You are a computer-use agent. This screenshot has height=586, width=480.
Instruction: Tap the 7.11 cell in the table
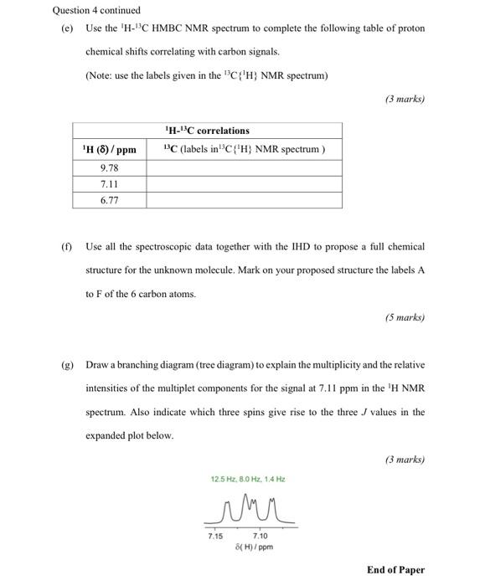(109, 183)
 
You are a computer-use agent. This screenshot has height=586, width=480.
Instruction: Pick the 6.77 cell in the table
(109, 200)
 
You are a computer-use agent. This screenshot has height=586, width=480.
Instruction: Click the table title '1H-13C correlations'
(208, 131)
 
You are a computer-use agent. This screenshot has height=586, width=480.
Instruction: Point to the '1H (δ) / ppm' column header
(109, 150)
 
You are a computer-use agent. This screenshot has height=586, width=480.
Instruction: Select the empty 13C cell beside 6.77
(243, 200)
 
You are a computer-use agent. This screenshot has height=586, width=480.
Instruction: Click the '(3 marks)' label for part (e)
(405, 99)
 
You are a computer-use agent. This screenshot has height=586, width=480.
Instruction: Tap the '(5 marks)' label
(405, 317)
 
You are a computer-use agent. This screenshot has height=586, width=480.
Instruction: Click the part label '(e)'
(67, 28)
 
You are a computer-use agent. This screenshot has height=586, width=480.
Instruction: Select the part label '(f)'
(66, 247)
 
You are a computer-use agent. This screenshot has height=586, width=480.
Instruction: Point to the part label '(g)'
(67, 365)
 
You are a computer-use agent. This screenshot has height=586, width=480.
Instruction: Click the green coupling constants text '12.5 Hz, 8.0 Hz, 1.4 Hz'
(248, 479)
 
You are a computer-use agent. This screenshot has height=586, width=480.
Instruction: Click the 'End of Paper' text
(395, 570)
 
